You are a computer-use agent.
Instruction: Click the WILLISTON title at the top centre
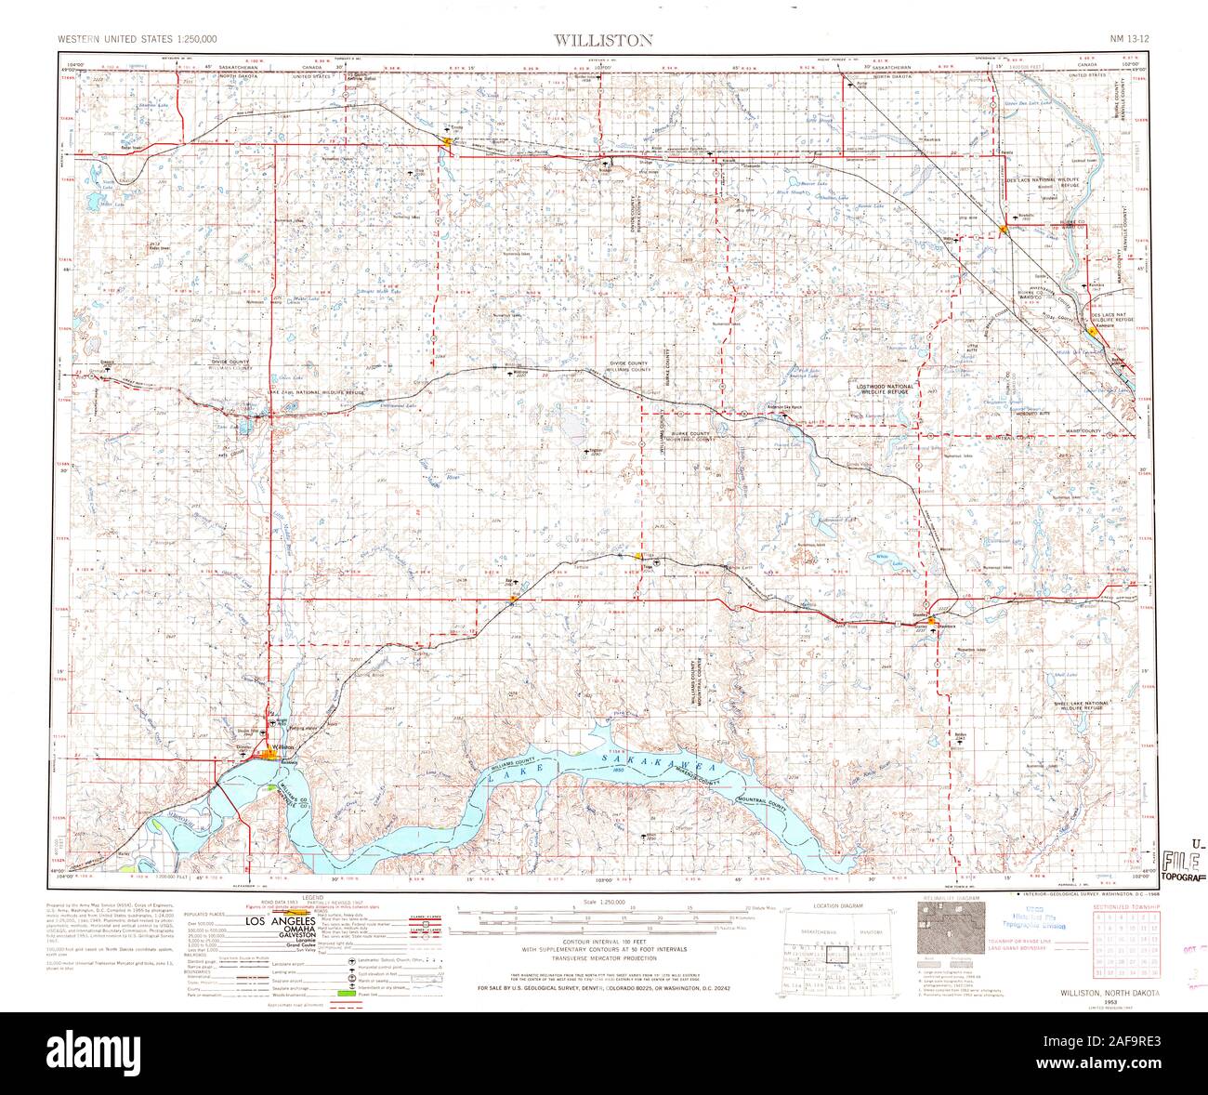(x=603, y=40)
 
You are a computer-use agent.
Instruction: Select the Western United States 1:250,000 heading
(x=137, y=40)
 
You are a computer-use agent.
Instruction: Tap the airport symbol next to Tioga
(x=657, y=562)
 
